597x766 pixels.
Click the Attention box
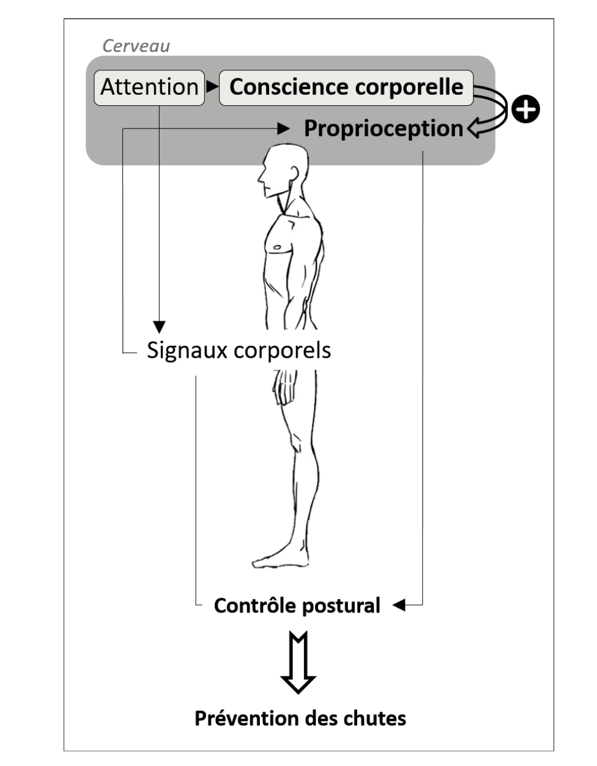[149, 87]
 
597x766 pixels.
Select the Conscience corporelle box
[346, 87]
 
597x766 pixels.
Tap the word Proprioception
[384, 128]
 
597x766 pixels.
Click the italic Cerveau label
[136, 46]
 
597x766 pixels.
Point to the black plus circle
[525, 109]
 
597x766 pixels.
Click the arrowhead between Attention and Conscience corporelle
[212, 86]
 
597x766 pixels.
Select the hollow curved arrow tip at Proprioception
[475, 128]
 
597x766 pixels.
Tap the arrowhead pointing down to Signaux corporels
[159, 327]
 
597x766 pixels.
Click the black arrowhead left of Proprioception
[283, 128]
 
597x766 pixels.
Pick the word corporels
[282, 351]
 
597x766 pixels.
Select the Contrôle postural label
[297, 606]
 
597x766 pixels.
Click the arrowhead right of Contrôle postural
[399, 605]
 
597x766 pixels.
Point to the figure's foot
[281, 559]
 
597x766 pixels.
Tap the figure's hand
[284, 387]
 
